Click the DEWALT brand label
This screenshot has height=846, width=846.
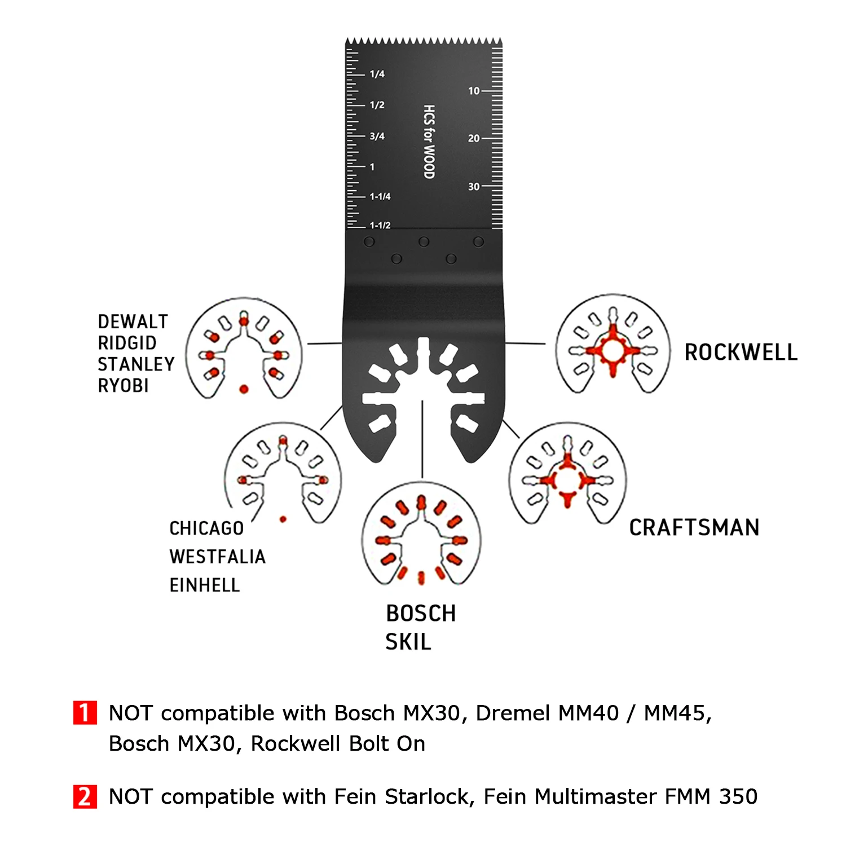click(x=133, y=321)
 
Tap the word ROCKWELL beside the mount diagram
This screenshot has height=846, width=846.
click(x=741, y=352)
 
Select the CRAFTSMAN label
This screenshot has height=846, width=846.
click(x=694, y=528)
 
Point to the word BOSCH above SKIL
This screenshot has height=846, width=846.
click(x=421, y=614)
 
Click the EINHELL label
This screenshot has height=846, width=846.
click(x=205, y=585)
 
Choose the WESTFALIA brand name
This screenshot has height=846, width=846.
click(x=217, y=557)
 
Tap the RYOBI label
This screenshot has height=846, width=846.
click(x=124, y=386)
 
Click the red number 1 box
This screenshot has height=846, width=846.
click(x=85, y=712)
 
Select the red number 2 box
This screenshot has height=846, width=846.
click(x=85, y=796)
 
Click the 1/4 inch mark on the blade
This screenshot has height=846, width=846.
click(x=377, y=74)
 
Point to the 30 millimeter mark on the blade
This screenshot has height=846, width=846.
click(x=474, y=187)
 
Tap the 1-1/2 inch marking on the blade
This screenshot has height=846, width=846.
click(x=380, y=225)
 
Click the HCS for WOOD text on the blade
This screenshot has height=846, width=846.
click(x=429, y=142)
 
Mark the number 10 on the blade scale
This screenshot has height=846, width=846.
click(x=474, y=91)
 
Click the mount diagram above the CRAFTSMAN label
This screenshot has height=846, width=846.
click(x=567, y=479)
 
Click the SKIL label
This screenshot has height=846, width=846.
click(x=408, y=642)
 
